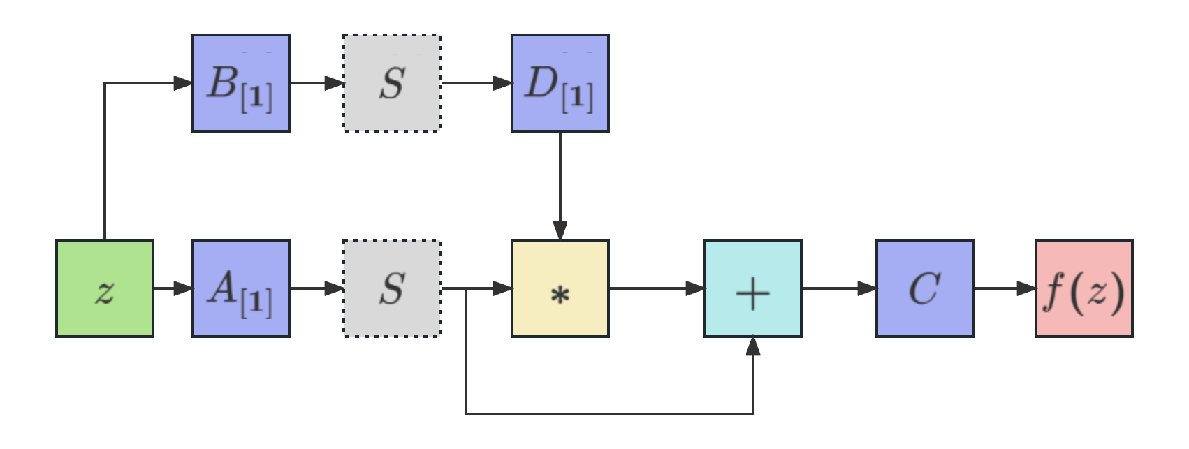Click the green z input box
105,288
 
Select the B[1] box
241,83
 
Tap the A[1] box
241,288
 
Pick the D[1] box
560,83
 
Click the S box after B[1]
392,83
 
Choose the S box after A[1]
392,288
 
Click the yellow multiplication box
560,288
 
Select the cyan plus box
753,288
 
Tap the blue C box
924,288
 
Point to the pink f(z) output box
1084,288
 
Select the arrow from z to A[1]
173,288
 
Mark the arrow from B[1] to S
316,83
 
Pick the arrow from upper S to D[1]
476,83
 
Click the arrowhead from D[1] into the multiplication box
560,230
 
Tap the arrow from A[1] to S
316,288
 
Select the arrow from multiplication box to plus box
657,288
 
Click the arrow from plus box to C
838,288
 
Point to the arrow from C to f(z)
1004,288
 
